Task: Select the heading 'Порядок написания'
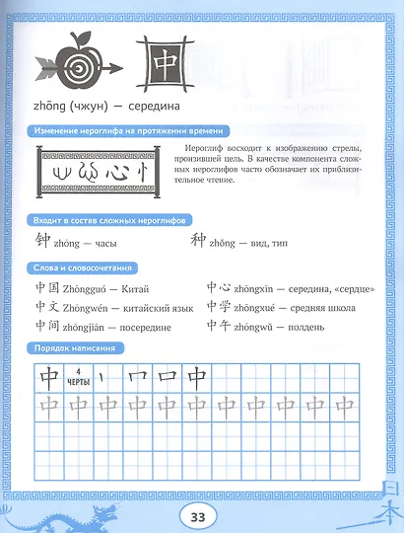(84, 349)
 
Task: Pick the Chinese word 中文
(47, 308)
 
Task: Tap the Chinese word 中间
(47, 327)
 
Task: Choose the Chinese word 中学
(219, 308)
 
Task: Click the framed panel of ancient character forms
(94, 170)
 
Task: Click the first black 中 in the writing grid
(45, 377)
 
